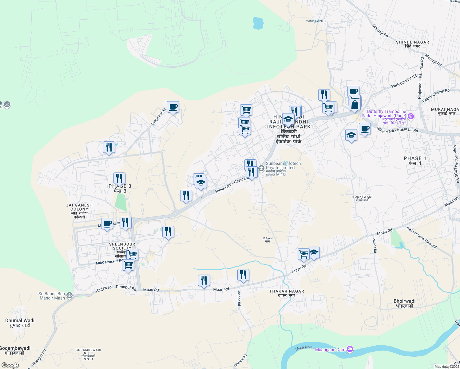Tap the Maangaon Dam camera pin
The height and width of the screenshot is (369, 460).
click(x=350, y=349)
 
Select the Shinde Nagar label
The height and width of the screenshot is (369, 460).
click(x=412, y=44)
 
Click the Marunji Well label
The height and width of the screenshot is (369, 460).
click(x=314, y=21)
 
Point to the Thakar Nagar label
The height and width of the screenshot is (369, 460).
click(x=287, y=293)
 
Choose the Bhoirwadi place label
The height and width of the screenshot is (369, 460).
click(x=404, y=303)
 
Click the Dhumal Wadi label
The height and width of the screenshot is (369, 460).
click(x=20, y=323)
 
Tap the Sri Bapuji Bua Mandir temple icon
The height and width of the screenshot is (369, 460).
click(x=69, y=295)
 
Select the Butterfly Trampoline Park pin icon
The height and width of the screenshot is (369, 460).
click(x=411, y=116)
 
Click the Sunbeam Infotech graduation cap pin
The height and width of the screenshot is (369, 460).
click(x=261, y=168)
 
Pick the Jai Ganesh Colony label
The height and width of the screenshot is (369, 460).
click(x=79, y=211)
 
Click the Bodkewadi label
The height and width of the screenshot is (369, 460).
click(x=362, y=198)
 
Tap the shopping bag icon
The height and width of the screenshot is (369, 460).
click(x=355, y=105)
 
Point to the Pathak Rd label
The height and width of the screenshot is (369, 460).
click(x=374, y=245)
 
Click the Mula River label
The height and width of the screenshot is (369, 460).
click(x=304, y=348)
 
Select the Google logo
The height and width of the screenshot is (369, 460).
click(x=10, y=365)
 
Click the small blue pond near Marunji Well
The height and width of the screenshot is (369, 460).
click(x=258, y=23)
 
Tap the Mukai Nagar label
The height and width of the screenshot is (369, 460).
click(x=445, y=111)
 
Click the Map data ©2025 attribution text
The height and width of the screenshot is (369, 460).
click(x=447, y=367)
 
